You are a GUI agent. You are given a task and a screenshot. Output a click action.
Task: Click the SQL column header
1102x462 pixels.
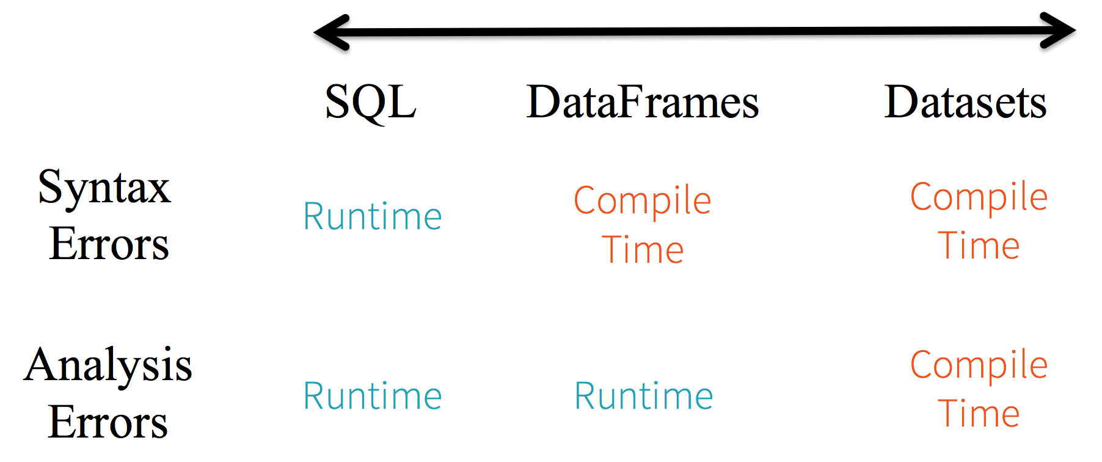click(370, 102)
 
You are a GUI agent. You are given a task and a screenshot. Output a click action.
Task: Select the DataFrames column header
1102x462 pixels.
click(643, 102)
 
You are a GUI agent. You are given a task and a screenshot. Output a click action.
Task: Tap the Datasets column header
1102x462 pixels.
click(965, 102)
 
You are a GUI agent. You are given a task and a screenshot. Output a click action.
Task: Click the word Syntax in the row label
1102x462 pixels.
click(104, 188)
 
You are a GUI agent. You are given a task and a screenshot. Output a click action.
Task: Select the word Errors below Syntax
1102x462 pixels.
click(109, 243)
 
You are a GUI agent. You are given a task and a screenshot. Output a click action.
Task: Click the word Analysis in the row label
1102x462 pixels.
click(108, 365)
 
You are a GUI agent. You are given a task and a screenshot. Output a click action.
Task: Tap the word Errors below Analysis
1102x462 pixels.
click(108, 422)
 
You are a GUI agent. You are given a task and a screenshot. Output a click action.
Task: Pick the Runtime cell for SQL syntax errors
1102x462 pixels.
click(372, 216)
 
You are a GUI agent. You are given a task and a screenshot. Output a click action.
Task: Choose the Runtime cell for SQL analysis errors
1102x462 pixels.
click(372, 396)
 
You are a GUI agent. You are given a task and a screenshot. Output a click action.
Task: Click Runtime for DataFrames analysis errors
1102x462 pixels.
click(643, 396)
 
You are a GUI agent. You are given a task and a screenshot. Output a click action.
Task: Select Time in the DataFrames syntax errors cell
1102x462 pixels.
click(643, 250)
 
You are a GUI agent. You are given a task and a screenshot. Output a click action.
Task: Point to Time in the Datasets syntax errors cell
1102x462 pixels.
click(979, 246)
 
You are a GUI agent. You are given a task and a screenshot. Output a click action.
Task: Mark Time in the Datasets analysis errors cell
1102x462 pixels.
click(979, 414)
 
